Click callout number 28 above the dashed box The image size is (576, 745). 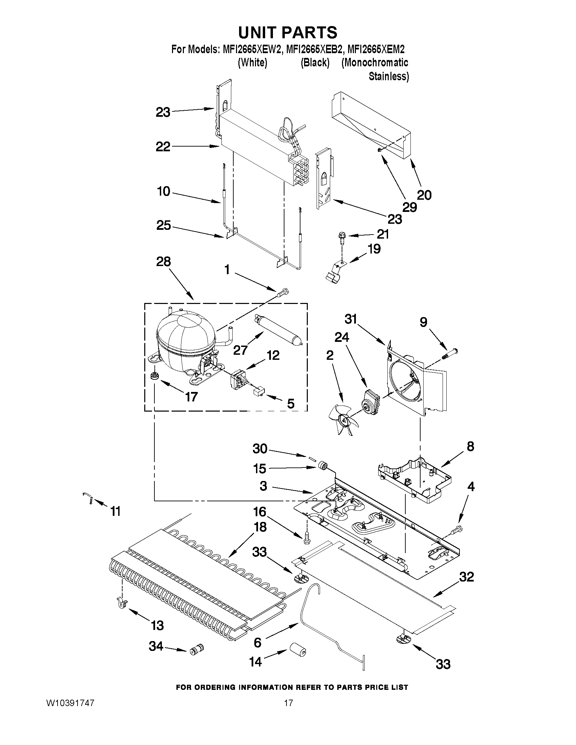[164, 262]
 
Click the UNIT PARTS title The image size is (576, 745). [287, 32]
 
